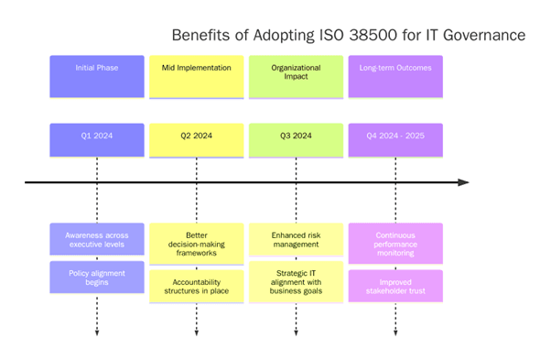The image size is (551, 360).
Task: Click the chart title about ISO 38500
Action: pos(349,36)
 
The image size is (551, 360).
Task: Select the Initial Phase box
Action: pos(96,76)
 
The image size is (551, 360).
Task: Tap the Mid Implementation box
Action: pos(196,76)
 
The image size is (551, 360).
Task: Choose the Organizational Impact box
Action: pos(296,76)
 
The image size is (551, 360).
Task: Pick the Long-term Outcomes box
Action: pos(395,76)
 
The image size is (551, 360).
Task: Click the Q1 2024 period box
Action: pos(96,139)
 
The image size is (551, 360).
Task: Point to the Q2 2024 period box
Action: pos(196,139)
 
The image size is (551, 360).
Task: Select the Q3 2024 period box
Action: pos(296,139)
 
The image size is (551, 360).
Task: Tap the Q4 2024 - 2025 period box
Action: pos(395,139)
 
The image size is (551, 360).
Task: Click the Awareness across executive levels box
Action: pos(96,240)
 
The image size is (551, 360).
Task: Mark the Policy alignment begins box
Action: pos(96,278)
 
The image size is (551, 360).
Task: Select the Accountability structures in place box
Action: pos(196,287)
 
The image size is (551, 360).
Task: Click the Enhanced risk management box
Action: pos(296,240)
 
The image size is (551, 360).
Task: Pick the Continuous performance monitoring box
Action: pos(395,244)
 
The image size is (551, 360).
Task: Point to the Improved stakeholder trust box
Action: pos(395,286)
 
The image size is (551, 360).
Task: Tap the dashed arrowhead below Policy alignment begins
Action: pos(96,332)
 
